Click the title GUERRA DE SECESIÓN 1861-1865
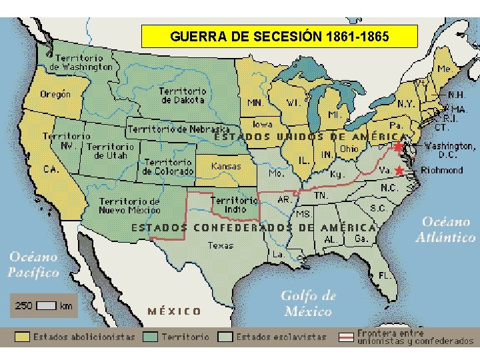279,36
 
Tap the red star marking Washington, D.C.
399,147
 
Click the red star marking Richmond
399,171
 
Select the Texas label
221,245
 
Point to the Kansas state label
226,166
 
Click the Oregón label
55,94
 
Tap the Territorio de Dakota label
183,95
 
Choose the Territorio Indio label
233,205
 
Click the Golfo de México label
308,303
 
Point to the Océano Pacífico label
33,264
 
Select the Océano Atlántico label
446,229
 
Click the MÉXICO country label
175,311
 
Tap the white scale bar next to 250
46,306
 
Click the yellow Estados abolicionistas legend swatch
23,337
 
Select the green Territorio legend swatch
150,337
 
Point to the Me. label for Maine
443,69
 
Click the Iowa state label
262,124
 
